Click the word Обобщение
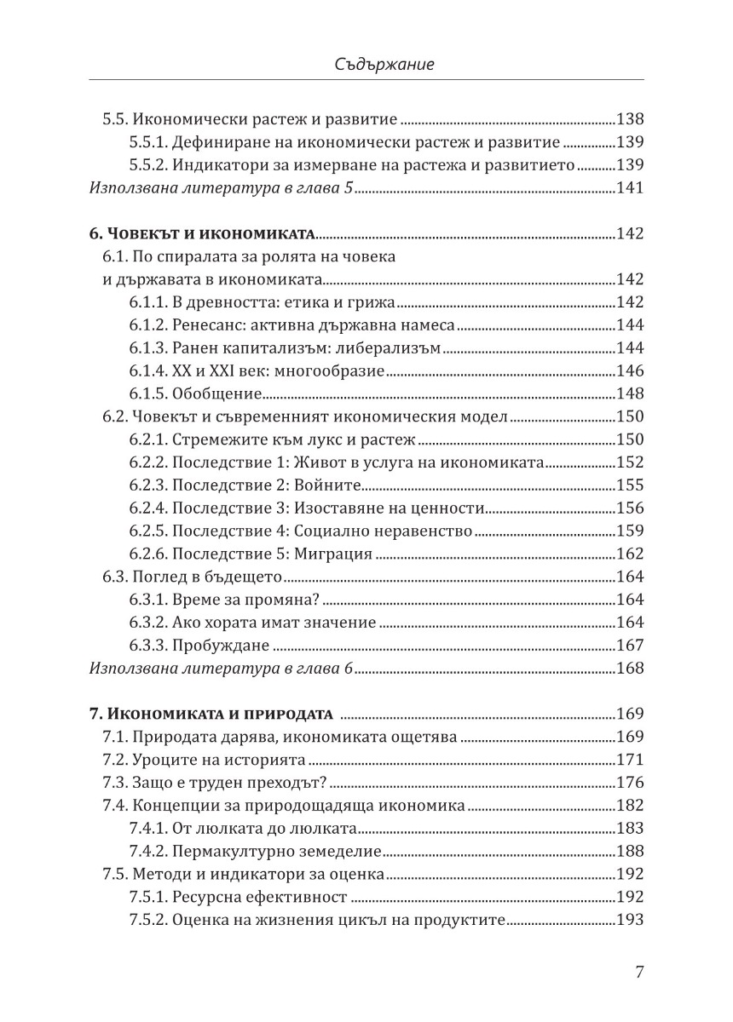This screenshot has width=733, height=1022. (216, 394)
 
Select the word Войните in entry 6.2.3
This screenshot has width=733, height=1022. (329, 485)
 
